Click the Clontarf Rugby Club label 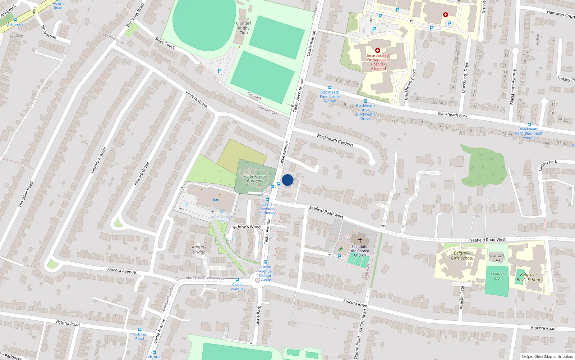pos(243,28)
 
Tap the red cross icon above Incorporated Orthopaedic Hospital pos(377,50)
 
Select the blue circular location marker pos(287,180)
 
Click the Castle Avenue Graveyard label pos(255,179)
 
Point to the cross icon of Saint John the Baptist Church pos(360,240)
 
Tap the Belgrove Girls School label pos(462,256)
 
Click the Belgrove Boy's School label pos(528,277)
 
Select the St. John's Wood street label pos(247,227)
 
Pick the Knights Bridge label pos(199,249)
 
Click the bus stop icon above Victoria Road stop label pos(139,329)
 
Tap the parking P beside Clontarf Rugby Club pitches pos(219,71)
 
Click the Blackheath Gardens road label pos(335,140)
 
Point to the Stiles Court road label pos(165,43)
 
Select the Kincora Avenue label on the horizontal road pos(121,271)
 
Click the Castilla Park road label pos(548,165)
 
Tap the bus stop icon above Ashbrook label pos(15,20)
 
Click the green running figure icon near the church pos(340,249)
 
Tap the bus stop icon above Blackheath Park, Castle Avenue pos(330,87)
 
